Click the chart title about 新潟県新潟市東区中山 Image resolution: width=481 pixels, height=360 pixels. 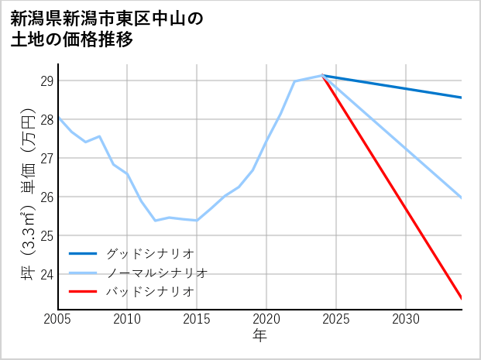click(x=108, y=29)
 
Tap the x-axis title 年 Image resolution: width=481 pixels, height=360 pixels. click(x=259, y=335)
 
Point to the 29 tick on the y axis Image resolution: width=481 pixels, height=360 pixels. click(x=46, y=81)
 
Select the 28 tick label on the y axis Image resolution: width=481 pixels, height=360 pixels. click(x=46, y=120)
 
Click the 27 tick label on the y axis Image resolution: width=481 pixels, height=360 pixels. click(x=46, y=159)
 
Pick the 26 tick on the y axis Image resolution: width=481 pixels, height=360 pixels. click(x=46, y=197)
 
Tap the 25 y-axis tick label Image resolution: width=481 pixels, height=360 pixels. click(x=46, y=235)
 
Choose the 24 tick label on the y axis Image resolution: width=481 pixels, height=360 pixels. click(x=46, y=274)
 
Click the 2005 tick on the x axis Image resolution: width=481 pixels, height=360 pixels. click(x=58, y=319)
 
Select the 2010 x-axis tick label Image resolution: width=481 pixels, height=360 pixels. click(x=127, y=319)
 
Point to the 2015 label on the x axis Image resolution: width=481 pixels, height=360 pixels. click(x=197, y=319)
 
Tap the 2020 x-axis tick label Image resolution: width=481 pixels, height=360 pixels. click(x=266, y=319)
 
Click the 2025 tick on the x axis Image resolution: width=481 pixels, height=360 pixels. click(x=336, y=319)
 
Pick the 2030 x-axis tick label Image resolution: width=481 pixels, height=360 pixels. click(x=406, y=319)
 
